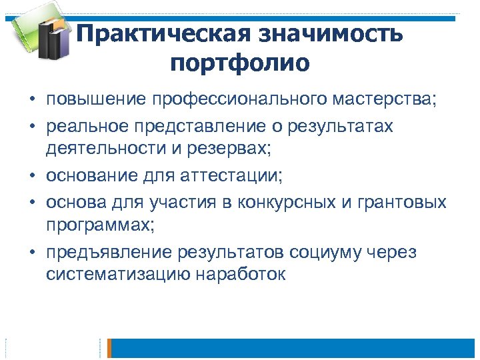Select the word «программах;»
[x=100, y=225]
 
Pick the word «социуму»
[x=327, y=253]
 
